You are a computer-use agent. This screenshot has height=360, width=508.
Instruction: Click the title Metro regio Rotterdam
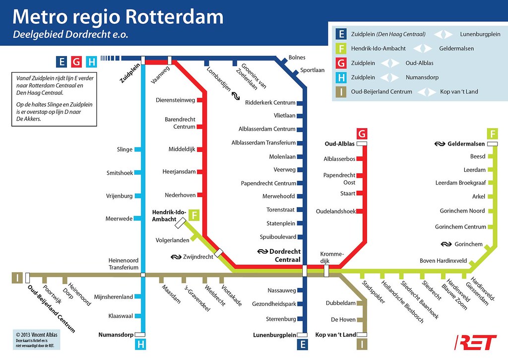pos(118,17)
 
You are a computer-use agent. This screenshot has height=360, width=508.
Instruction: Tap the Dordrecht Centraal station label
pos(283,255)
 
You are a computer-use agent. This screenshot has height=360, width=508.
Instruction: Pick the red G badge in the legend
pos(341,63)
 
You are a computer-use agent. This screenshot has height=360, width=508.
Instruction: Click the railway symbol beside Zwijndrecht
pos(176,257)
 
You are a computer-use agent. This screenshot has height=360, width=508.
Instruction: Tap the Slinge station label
pos(125,149)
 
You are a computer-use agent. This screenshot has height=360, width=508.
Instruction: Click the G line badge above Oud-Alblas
pos(362,134)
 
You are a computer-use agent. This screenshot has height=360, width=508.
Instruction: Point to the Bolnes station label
pos(297,58)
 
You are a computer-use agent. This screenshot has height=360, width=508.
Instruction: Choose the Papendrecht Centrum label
pos(268,183)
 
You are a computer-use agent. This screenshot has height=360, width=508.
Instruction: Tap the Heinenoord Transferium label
pos(124,264)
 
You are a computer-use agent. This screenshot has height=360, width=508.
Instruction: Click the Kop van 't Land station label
pos(335,335)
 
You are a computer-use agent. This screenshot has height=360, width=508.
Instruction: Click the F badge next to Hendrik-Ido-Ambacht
pos(194,215)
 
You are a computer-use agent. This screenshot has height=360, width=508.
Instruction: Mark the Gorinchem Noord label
pos(462,211)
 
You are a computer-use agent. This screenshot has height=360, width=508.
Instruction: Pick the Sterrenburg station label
pos(281,319)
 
